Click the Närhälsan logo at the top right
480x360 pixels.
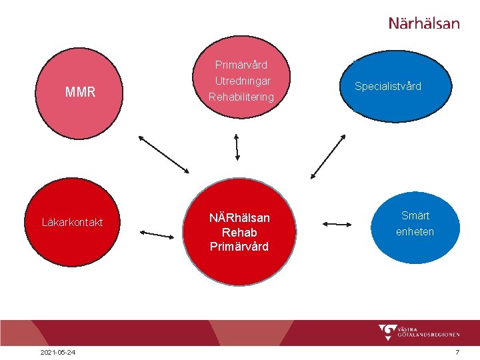424,23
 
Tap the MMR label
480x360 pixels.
81,93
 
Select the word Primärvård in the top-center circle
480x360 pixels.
241,65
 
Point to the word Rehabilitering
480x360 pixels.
241,97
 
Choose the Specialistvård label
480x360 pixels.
388,87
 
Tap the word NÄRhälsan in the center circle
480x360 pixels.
239,218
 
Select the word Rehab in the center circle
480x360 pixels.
239,233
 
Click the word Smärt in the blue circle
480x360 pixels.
415,216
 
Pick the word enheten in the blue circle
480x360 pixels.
415,232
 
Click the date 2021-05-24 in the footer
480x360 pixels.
57,352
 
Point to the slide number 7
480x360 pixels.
457,352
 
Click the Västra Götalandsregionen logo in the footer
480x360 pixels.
419,332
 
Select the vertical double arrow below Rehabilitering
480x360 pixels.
237,146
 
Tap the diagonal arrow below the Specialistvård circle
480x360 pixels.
329,156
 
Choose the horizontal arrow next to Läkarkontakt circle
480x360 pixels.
157,234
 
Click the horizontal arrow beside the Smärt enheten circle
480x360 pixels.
339,225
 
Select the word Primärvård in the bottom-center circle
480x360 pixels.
239,247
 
